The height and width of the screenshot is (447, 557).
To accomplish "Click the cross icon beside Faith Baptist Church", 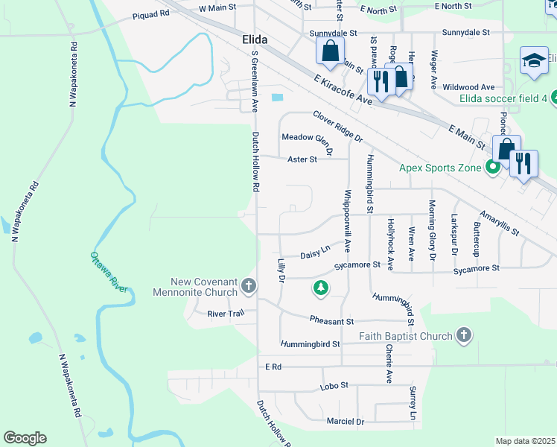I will click(464, 335).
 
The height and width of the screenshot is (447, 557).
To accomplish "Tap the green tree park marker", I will click(321, 288).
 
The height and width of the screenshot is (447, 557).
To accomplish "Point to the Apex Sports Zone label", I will click(442, 168).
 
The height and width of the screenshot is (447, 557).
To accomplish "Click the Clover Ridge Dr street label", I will click(337, 127).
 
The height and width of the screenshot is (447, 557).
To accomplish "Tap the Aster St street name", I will click(302, 159).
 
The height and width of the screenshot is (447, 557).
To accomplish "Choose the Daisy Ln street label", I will click(314, 253).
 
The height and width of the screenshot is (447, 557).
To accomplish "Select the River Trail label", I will click(226, 314).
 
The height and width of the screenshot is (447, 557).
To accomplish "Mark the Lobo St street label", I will click(334, 385).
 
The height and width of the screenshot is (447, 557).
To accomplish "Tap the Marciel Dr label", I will click(346, 422).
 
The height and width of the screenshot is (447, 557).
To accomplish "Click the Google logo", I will click(25, 438).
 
